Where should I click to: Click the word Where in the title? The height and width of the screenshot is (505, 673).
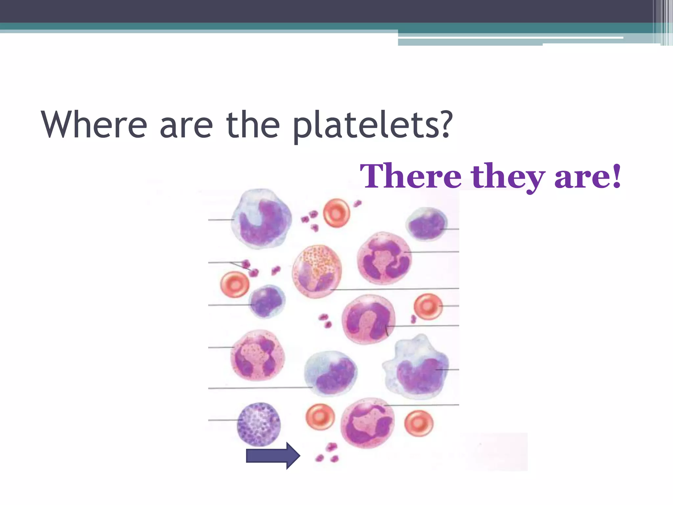click(94, 125)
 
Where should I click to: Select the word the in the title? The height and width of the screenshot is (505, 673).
click(253, 125)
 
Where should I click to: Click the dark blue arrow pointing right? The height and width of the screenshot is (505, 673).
click(273, 456)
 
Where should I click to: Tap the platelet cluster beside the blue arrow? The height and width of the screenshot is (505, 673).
click(327, 453)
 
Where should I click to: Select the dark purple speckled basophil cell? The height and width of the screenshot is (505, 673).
click(259, 424)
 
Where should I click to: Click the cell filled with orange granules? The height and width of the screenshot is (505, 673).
click(317, 271)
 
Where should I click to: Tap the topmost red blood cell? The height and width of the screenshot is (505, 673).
click(336, 213)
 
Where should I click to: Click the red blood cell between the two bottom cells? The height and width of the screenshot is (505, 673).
click(320, 417)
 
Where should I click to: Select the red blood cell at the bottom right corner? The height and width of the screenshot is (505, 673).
click(419, 423)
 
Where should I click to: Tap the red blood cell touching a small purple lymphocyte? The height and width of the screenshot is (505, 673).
click(235, 284)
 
